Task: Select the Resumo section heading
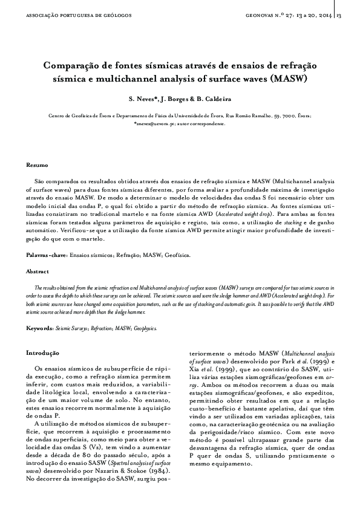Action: (x=37, y=164)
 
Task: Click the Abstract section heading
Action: (x=38, y=272)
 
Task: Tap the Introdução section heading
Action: (x=42, y=352)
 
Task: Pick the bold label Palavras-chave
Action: (x=47, y=256)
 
